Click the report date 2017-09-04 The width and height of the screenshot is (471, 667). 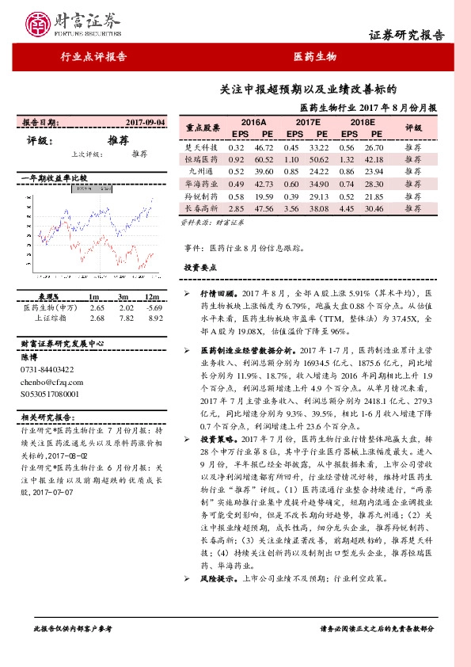click(x=146, y=123)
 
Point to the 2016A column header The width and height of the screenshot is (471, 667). click(x=252, y=122)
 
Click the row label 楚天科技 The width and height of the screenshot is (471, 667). click(x=202, y=148)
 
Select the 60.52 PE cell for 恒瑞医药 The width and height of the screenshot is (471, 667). click(x=264, y=159)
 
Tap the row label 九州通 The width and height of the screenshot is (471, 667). click(x=202, y=171)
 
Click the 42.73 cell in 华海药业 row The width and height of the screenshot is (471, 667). click(x=264, y=183)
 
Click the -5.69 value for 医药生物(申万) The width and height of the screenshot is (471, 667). click(x=154, y=307)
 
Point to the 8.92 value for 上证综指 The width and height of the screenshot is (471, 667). click(x=155, y=318)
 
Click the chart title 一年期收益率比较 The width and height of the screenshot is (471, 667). click(x=52, y=179)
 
